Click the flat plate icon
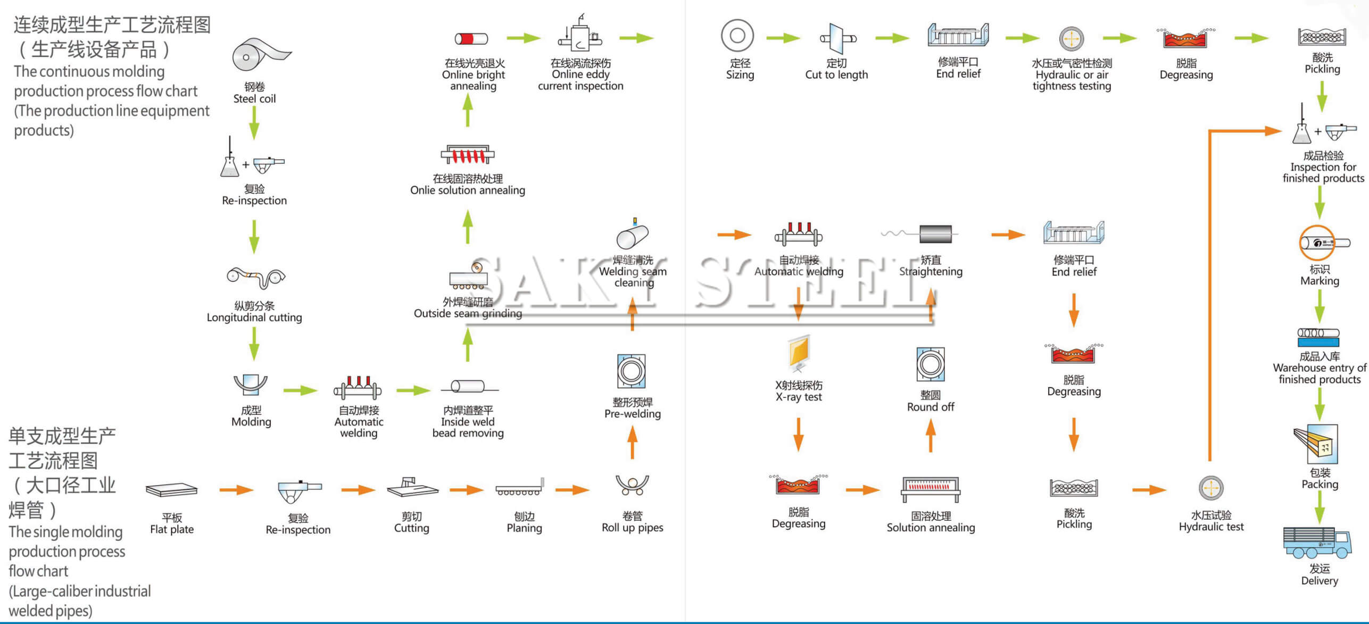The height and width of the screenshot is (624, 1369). (171, 490)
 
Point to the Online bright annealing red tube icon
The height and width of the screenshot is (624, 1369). (471, 38)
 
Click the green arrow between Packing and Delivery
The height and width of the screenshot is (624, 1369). (1320, 508)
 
